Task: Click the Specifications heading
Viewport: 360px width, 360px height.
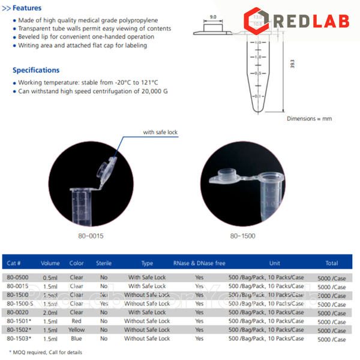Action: pos(36,70)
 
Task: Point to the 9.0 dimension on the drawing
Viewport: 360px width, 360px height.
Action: pos(212,17)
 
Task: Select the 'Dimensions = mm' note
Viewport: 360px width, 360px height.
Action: pos(308,118)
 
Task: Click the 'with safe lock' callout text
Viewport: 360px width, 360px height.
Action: pos(160,132)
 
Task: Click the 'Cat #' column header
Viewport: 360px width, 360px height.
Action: pos(14,263)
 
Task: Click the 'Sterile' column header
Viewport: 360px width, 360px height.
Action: pos(104,263)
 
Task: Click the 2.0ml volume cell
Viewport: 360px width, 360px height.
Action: pos(50,313)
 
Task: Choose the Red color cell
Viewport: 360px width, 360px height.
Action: pos(76,322)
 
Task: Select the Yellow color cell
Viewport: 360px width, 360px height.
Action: pos(76,330)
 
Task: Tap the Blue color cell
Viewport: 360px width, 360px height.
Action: pos(76,339)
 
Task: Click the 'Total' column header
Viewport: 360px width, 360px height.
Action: pos(331,263)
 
